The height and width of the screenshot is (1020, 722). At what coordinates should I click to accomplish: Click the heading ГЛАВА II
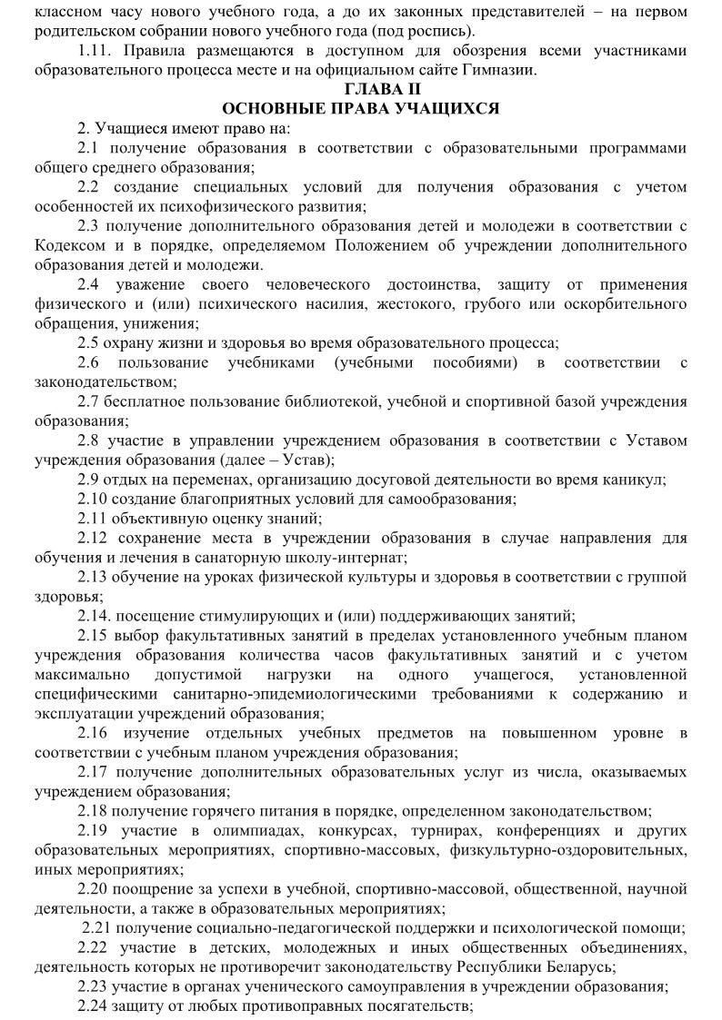(360, 88)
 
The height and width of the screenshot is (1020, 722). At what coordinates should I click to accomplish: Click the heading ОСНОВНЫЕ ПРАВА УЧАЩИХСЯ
(360, 108)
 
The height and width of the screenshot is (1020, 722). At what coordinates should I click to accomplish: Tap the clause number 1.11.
(95, 50)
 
